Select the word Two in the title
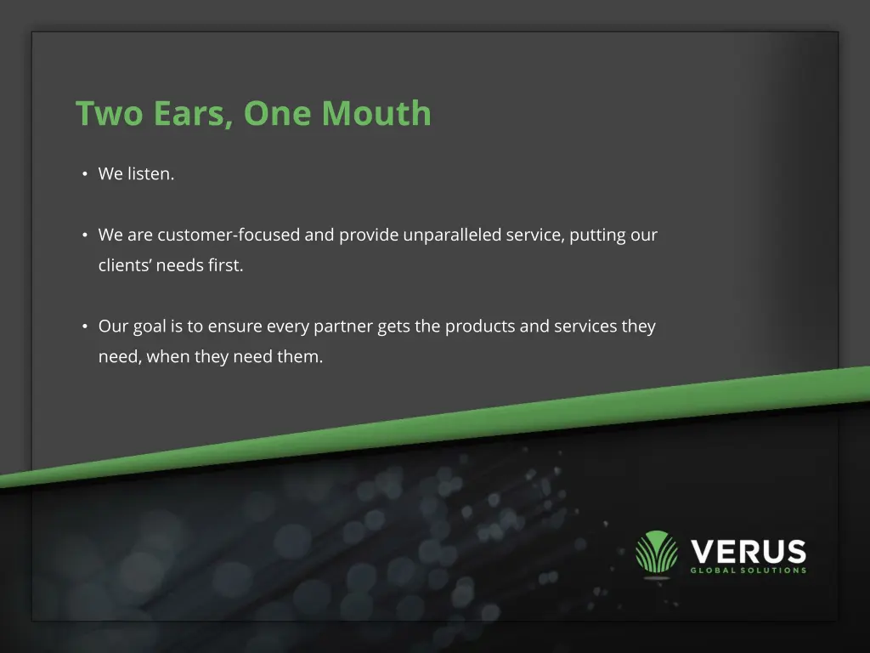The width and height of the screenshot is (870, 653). point(109,114)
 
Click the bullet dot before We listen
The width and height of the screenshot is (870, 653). point(85,174)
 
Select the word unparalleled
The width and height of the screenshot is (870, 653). point(452,236)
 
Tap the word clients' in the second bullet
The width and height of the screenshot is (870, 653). point(125,265)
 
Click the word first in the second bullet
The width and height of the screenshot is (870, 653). point(225,265)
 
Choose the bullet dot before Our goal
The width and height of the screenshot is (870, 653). point(85,326)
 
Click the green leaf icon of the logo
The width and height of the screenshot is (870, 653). point(657,553)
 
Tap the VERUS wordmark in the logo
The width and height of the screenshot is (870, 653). point(748,551)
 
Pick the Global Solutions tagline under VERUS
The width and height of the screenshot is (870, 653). point(748,571)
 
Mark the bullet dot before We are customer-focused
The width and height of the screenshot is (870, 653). point(85,236)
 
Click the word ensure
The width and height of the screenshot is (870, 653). point(234,326)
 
